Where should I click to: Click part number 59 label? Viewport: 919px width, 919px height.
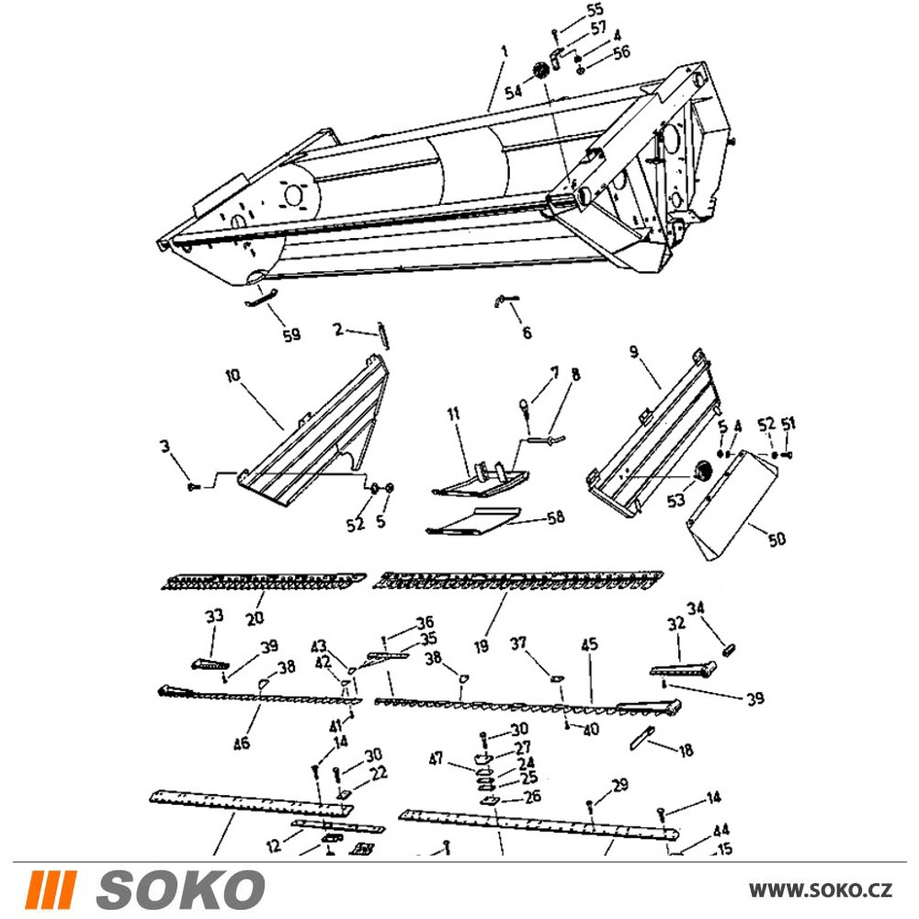click(292, 335)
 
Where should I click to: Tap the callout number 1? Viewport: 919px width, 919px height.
click(504, 51)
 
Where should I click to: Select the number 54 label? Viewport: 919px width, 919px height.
click(514, 92)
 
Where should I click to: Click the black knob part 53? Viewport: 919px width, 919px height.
click(701, 471)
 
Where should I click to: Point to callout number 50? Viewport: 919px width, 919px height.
click(777, 539)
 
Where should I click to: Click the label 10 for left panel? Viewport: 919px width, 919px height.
click(233, 375)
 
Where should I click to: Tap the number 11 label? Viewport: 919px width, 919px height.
click(454, 414)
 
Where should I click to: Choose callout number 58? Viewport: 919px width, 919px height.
click(555, 516)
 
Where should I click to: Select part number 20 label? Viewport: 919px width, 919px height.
click(255, 618)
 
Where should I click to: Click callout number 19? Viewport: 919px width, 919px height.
click(482, 646)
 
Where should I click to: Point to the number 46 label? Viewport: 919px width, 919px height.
click(242, 743)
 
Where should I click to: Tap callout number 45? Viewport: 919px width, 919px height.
click(590, 644)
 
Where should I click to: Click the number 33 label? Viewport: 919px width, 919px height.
click(214, 616)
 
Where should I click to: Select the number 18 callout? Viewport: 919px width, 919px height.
click(686, 750)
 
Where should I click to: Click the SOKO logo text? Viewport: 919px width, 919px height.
click(180, 890)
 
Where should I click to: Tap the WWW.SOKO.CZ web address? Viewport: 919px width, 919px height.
click(821, 891)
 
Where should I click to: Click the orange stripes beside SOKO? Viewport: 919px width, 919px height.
click(51, 890)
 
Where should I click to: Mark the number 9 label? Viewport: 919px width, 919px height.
click(634, 352)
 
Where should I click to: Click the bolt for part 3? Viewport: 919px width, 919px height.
click(194, 486)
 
